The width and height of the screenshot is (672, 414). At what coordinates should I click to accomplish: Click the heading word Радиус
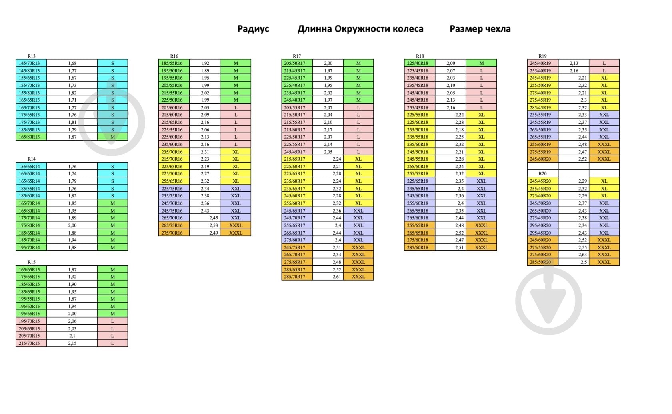[253, 29]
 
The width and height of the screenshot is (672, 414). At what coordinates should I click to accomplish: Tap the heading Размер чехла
[480, 29]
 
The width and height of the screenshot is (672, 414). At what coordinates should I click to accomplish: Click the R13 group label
[31, 56]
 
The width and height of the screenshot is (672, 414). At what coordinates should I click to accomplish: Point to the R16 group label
[174, 56]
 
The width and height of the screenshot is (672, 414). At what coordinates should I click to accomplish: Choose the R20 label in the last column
[542, 173]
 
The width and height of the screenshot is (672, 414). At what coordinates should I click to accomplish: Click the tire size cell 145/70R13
[29, 63]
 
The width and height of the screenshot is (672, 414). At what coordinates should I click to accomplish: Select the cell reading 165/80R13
[29, 137]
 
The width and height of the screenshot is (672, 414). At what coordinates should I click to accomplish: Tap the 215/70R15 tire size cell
[29, 343]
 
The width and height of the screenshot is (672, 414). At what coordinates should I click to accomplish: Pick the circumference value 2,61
[337, 277]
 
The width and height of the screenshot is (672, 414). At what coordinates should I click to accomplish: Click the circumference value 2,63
[582, 255]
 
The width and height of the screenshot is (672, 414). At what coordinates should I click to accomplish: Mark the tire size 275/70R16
[172, 233]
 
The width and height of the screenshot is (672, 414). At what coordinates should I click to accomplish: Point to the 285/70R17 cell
[295, 277]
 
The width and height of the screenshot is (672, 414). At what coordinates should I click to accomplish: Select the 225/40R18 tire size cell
[418, 63]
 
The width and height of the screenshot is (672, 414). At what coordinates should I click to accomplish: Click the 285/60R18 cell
[418, 247]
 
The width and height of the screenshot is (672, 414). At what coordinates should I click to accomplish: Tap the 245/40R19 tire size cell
[540, 63]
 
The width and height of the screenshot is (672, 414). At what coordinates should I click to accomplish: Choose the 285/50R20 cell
[540, 262]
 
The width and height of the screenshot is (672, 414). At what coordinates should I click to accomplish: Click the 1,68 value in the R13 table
[72, 63]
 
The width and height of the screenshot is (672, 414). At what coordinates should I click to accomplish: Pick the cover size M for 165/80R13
[112, 137]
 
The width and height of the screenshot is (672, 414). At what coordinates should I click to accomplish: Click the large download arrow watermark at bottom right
[548, 301]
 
